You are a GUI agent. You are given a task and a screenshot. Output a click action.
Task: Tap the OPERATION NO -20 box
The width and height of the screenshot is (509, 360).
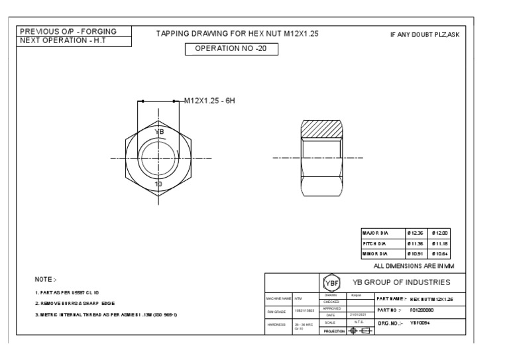coord(231,49)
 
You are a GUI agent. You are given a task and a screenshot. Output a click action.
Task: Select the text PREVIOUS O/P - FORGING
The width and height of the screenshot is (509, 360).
coord(68,31)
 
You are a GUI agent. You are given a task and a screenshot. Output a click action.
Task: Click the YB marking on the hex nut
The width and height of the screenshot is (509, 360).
coord(158,132)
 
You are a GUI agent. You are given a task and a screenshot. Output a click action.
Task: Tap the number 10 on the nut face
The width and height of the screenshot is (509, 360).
coord(158,183)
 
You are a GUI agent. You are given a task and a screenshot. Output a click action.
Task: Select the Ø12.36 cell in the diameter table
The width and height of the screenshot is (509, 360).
coord(415,233)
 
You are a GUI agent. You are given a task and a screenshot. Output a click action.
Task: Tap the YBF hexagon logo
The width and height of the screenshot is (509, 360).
coord(334,282)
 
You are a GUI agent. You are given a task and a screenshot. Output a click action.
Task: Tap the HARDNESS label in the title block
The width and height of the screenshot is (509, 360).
coord(276,325)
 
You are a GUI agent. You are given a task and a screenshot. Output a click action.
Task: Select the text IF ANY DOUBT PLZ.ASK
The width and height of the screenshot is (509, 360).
coord(424,34)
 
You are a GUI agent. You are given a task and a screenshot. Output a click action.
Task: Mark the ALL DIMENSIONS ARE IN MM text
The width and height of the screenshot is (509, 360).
coord(415,265)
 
